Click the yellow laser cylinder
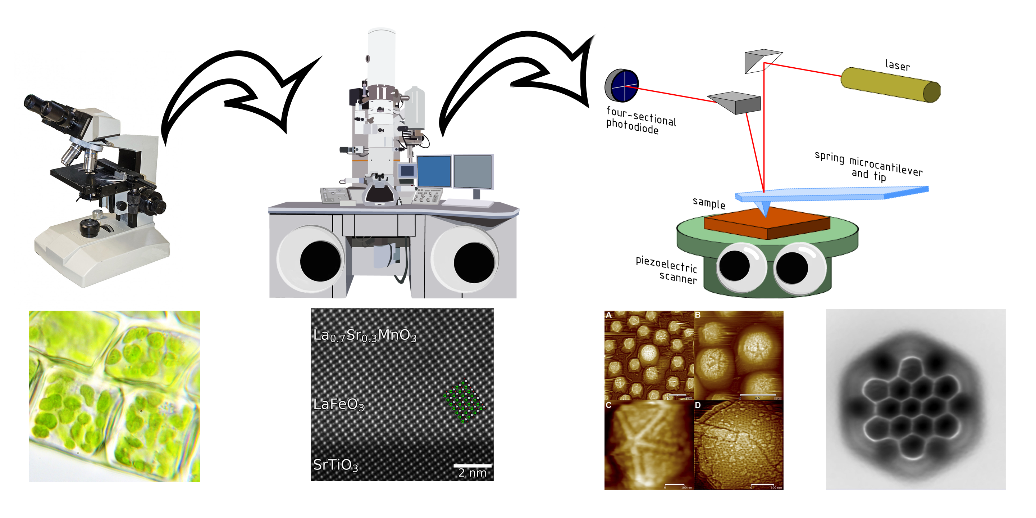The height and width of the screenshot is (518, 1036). [890, 85]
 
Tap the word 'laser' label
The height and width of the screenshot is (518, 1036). [897, 65]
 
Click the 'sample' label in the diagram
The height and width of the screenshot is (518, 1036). [709, 203]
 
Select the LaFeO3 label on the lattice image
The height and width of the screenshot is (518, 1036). [339, 404]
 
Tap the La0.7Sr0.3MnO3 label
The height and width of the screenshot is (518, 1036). [364, 335]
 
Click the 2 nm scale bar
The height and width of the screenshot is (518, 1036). [472, 466]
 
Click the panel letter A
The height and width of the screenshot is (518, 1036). [608, 315]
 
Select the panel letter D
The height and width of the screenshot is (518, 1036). [698, 405]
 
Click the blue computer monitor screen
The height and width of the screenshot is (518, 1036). [434, 171]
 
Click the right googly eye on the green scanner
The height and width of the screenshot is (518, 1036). [798, 268]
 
